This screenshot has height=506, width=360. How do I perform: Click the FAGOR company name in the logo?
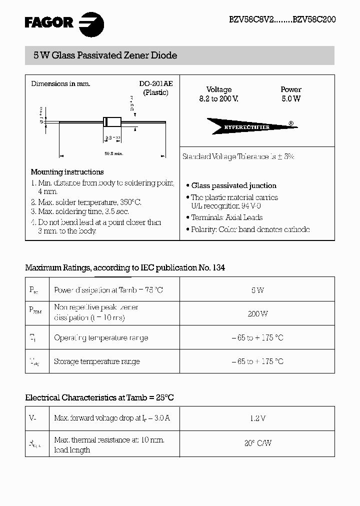tap(49, 22)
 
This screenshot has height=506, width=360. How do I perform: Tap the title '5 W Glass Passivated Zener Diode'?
tap(105, 55)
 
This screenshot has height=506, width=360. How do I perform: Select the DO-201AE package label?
tap(155, 84)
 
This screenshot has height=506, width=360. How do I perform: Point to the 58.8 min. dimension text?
tap(113, 154)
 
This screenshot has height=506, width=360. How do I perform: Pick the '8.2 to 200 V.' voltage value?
tap(219, 99)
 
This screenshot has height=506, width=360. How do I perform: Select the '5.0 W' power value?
tap(291, 99)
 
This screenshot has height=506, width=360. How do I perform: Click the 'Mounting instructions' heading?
tap(67, 172)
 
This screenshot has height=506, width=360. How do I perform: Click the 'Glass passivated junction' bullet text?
tap(233, 185)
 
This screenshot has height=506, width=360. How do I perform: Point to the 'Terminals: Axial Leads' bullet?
tap(226, 217)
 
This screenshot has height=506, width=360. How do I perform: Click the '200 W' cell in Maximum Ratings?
tap(257, 314)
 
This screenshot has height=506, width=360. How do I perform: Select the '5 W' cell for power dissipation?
tap(257, 290)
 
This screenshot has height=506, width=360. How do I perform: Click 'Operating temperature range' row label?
tap(101, 338)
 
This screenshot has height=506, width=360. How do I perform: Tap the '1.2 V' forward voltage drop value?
tap(257, 418)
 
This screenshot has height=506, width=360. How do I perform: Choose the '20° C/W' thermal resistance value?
tap(257, 443)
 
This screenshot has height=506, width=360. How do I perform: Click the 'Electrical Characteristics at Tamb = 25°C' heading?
tap(99, 398)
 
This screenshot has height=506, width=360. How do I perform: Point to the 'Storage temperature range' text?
tap(97, 361)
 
